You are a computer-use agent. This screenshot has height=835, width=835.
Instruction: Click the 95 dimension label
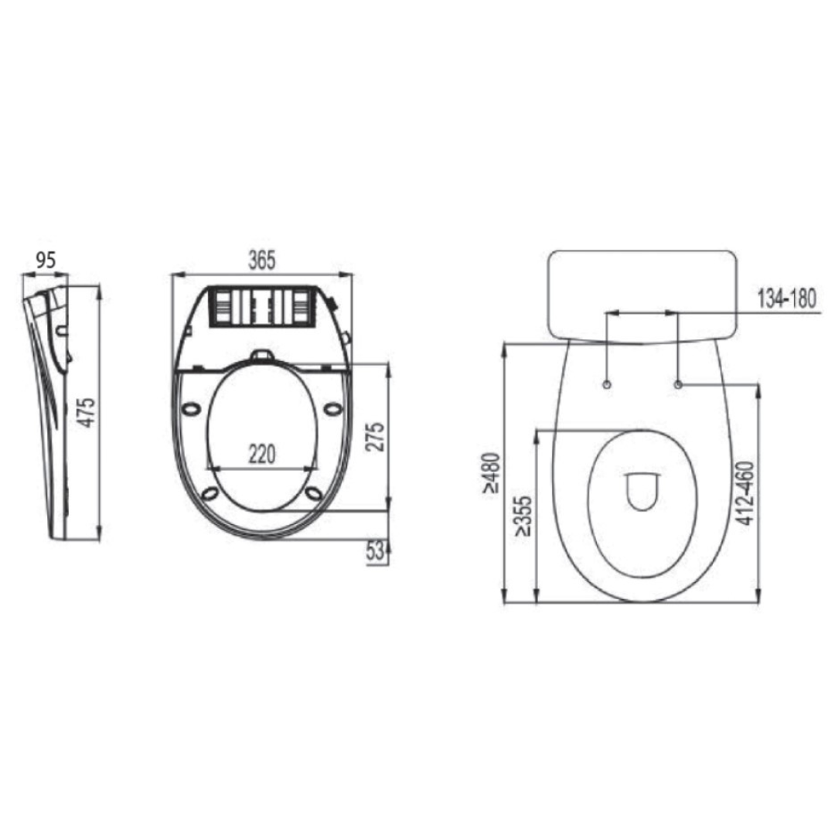46,261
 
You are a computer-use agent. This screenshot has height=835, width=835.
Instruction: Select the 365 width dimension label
262,261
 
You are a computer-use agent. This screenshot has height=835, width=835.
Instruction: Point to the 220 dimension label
262,455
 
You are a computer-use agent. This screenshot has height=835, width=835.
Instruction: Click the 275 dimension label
375,437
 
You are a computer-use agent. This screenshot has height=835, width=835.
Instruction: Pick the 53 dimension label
375,552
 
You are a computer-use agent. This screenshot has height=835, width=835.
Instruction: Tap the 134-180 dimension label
786,298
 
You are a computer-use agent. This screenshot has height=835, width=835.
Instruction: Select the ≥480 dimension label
491,473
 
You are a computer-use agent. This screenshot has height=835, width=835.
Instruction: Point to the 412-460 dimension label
746,493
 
